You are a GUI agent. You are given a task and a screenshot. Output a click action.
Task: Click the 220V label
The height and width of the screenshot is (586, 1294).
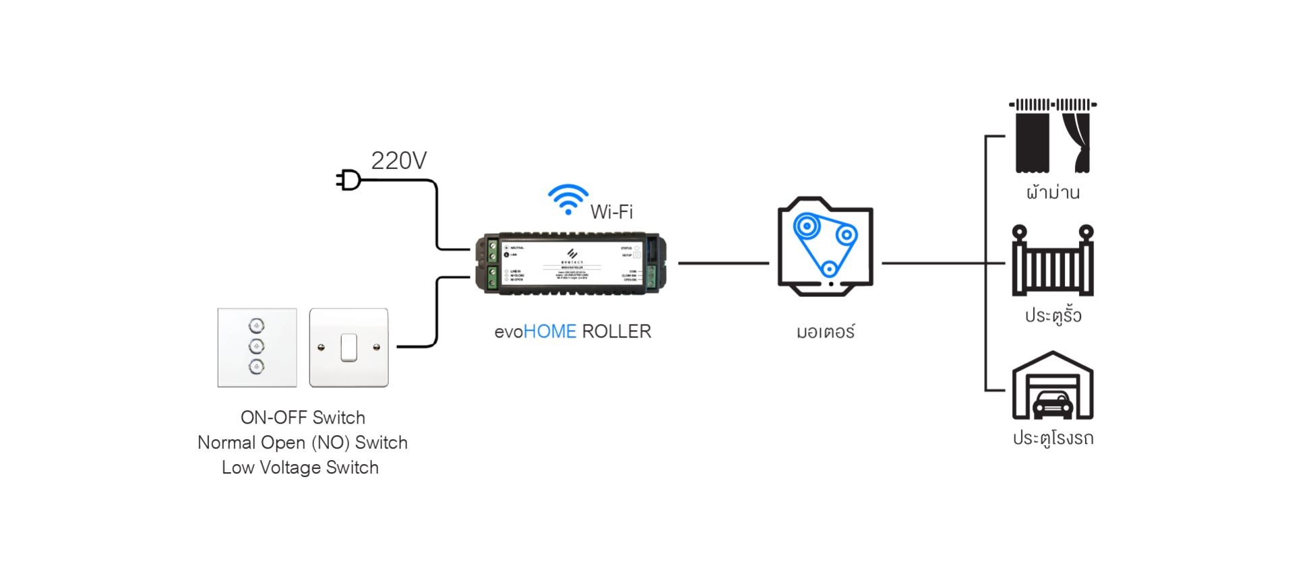pos(398,161)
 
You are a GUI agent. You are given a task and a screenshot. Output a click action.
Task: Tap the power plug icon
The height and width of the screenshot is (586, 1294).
pos(349,181)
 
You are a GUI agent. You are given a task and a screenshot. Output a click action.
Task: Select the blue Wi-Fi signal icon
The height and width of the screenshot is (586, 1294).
pos(568,199)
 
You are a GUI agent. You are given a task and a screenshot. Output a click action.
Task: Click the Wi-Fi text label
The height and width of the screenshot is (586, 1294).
pos(611,212)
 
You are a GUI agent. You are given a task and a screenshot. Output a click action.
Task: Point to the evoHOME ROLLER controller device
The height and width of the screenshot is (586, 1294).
pos(571,263)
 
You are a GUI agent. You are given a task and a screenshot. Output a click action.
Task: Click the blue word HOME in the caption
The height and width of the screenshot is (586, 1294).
pos(549,331)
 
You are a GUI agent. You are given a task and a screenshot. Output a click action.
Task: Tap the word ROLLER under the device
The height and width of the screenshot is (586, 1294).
pos(616,331)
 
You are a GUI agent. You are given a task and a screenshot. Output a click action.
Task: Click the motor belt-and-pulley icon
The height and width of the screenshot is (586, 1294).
pos(825,247)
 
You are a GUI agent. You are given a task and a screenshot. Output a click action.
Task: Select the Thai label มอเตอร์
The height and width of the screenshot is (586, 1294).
pos(825,332)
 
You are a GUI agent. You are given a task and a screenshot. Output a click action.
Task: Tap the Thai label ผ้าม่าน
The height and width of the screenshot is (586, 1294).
pos(1053,193)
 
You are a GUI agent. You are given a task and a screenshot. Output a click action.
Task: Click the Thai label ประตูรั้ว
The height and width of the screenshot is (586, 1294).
pos(1053,315)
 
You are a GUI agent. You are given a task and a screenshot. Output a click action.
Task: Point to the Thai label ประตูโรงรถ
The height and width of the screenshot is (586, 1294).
pos(1053,438)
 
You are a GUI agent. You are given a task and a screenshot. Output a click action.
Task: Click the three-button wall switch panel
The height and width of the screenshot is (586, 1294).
pos(257,348)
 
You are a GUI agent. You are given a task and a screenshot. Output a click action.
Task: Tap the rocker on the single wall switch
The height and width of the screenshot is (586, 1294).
pos(348,348)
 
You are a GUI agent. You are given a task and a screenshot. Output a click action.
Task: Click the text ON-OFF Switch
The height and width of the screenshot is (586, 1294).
pos(303,418)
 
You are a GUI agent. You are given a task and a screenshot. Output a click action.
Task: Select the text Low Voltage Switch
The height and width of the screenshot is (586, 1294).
pos(300,467)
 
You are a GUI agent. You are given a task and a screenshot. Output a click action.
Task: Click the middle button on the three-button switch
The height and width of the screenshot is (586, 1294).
pos(257,346)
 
